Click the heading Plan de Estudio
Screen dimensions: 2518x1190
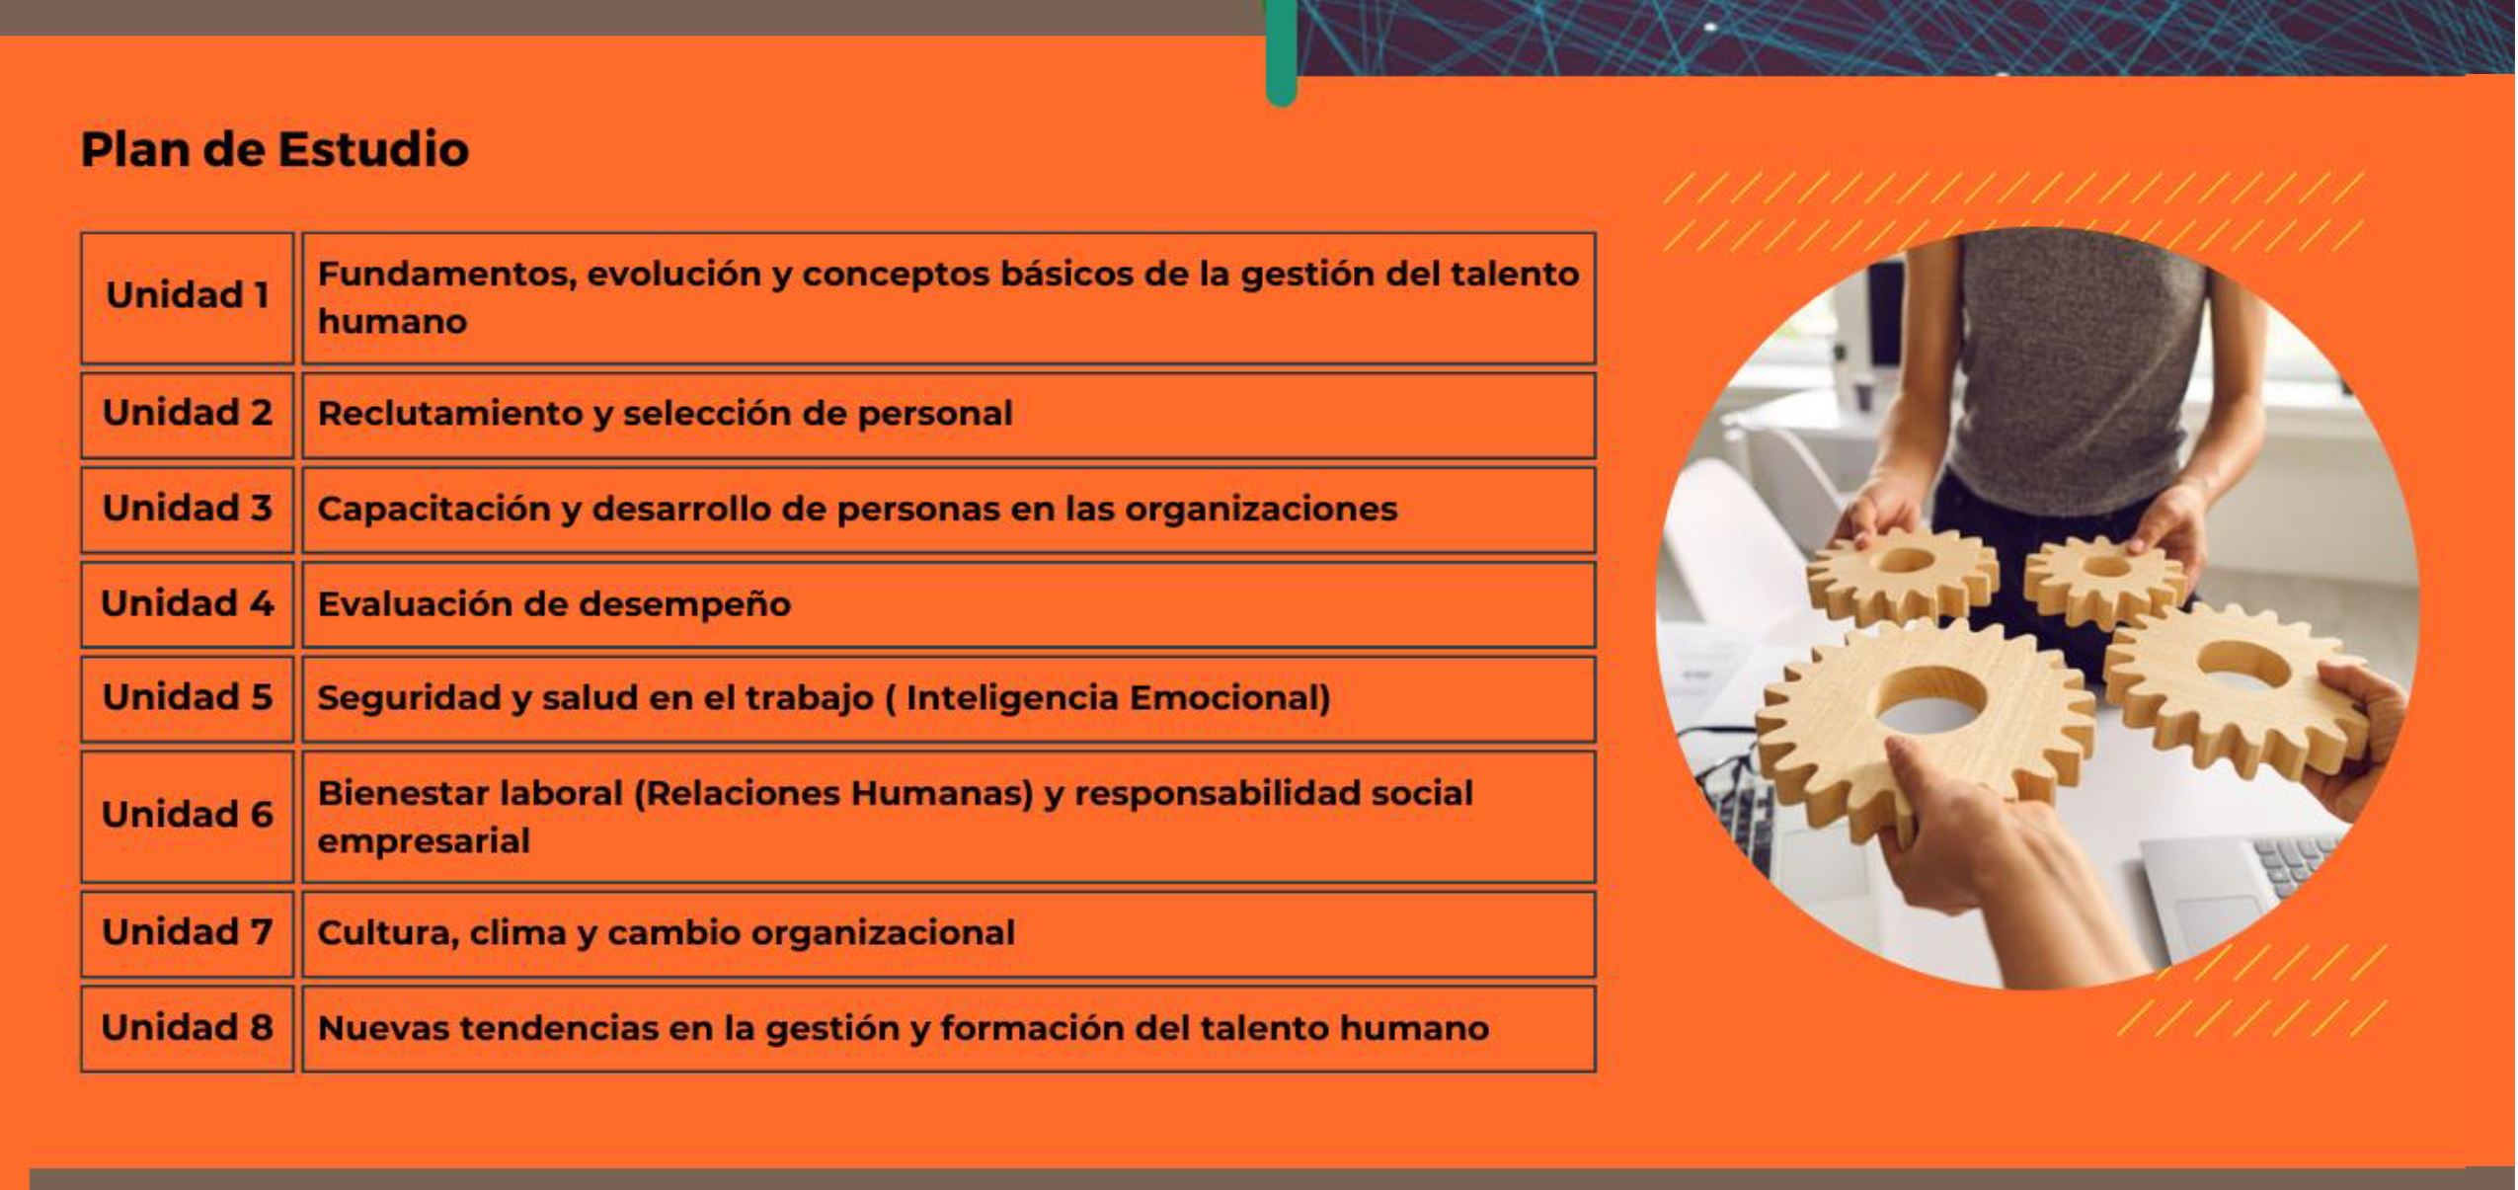tap(275, 150)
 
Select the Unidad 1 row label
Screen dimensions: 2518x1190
tap(188, 295)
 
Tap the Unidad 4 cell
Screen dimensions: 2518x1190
tap(188, 603)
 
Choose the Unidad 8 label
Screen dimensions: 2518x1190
tap(188, 1027)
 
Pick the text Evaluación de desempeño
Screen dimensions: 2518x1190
tap(554, 604)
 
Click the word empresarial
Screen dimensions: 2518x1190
tap(424, 841)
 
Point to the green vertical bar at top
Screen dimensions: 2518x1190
tap(1280, 49)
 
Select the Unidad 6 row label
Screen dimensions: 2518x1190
tap(188, 815)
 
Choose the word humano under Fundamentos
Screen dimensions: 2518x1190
tap(392, 322)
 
